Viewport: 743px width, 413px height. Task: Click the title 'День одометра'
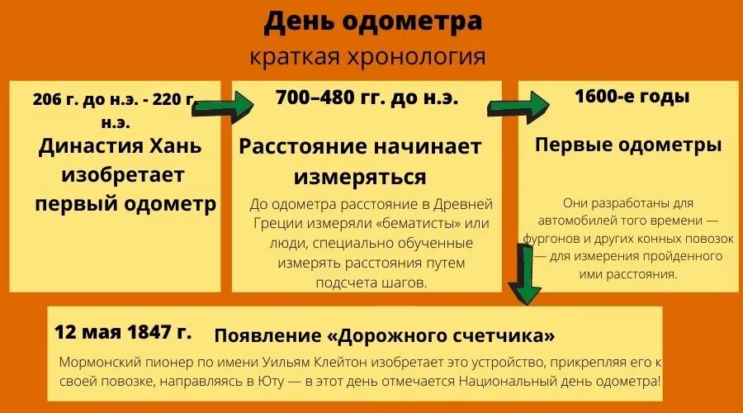pyautogui.click(x=372, y=22)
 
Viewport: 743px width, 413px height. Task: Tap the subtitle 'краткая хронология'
pyautogui.click(x=367, y=58)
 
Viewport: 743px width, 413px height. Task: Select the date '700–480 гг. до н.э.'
pyautogui.click(x=367, y=98)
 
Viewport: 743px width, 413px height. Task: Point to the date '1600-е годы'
pyautogui.click(x=632, y=96)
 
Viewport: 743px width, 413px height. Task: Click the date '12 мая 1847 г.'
pyautogui.click(x=123, y=333)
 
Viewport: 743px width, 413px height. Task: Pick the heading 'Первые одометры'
pyautogui.click(x=628, y=145)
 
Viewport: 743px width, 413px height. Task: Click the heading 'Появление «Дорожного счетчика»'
pyautogui.click(x=384, y=336)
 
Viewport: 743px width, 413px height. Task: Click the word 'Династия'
pyautogui.click(x=88, y=147)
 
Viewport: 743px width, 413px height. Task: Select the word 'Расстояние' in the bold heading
pyautogui.click(x=302, y=147)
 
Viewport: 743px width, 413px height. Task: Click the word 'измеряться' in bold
pyautogui.click(x=360, y=177)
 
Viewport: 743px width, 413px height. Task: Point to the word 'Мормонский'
pyautogui.click(x=97, y=363)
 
